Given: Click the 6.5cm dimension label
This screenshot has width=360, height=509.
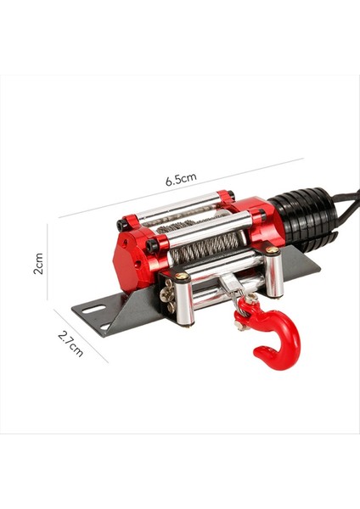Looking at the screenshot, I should (x=181, y=180).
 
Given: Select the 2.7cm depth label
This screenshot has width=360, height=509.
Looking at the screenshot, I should (x=70, y=343).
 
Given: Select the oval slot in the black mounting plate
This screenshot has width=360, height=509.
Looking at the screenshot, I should (x=88, y=309).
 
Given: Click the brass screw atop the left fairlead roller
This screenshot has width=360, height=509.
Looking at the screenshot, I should (x=181, y=277).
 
